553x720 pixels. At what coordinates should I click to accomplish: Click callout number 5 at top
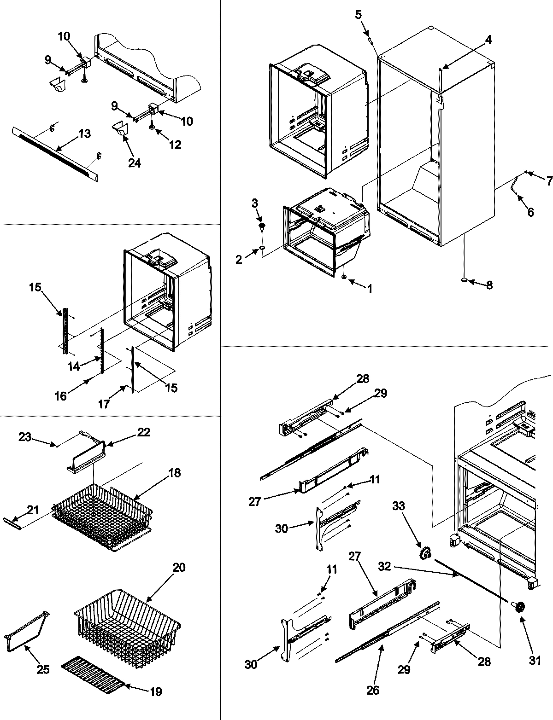[x=359, y=15]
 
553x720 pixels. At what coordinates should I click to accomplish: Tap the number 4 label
[x=488, y=40]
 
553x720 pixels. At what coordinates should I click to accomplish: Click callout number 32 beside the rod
[x=386, y=566]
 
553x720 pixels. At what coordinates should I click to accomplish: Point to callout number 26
[x=373, y=691]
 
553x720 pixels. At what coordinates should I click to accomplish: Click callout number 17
[x=104, y=404]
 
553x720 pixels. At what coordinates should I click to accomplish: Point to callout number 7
[x=549, y=181]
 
